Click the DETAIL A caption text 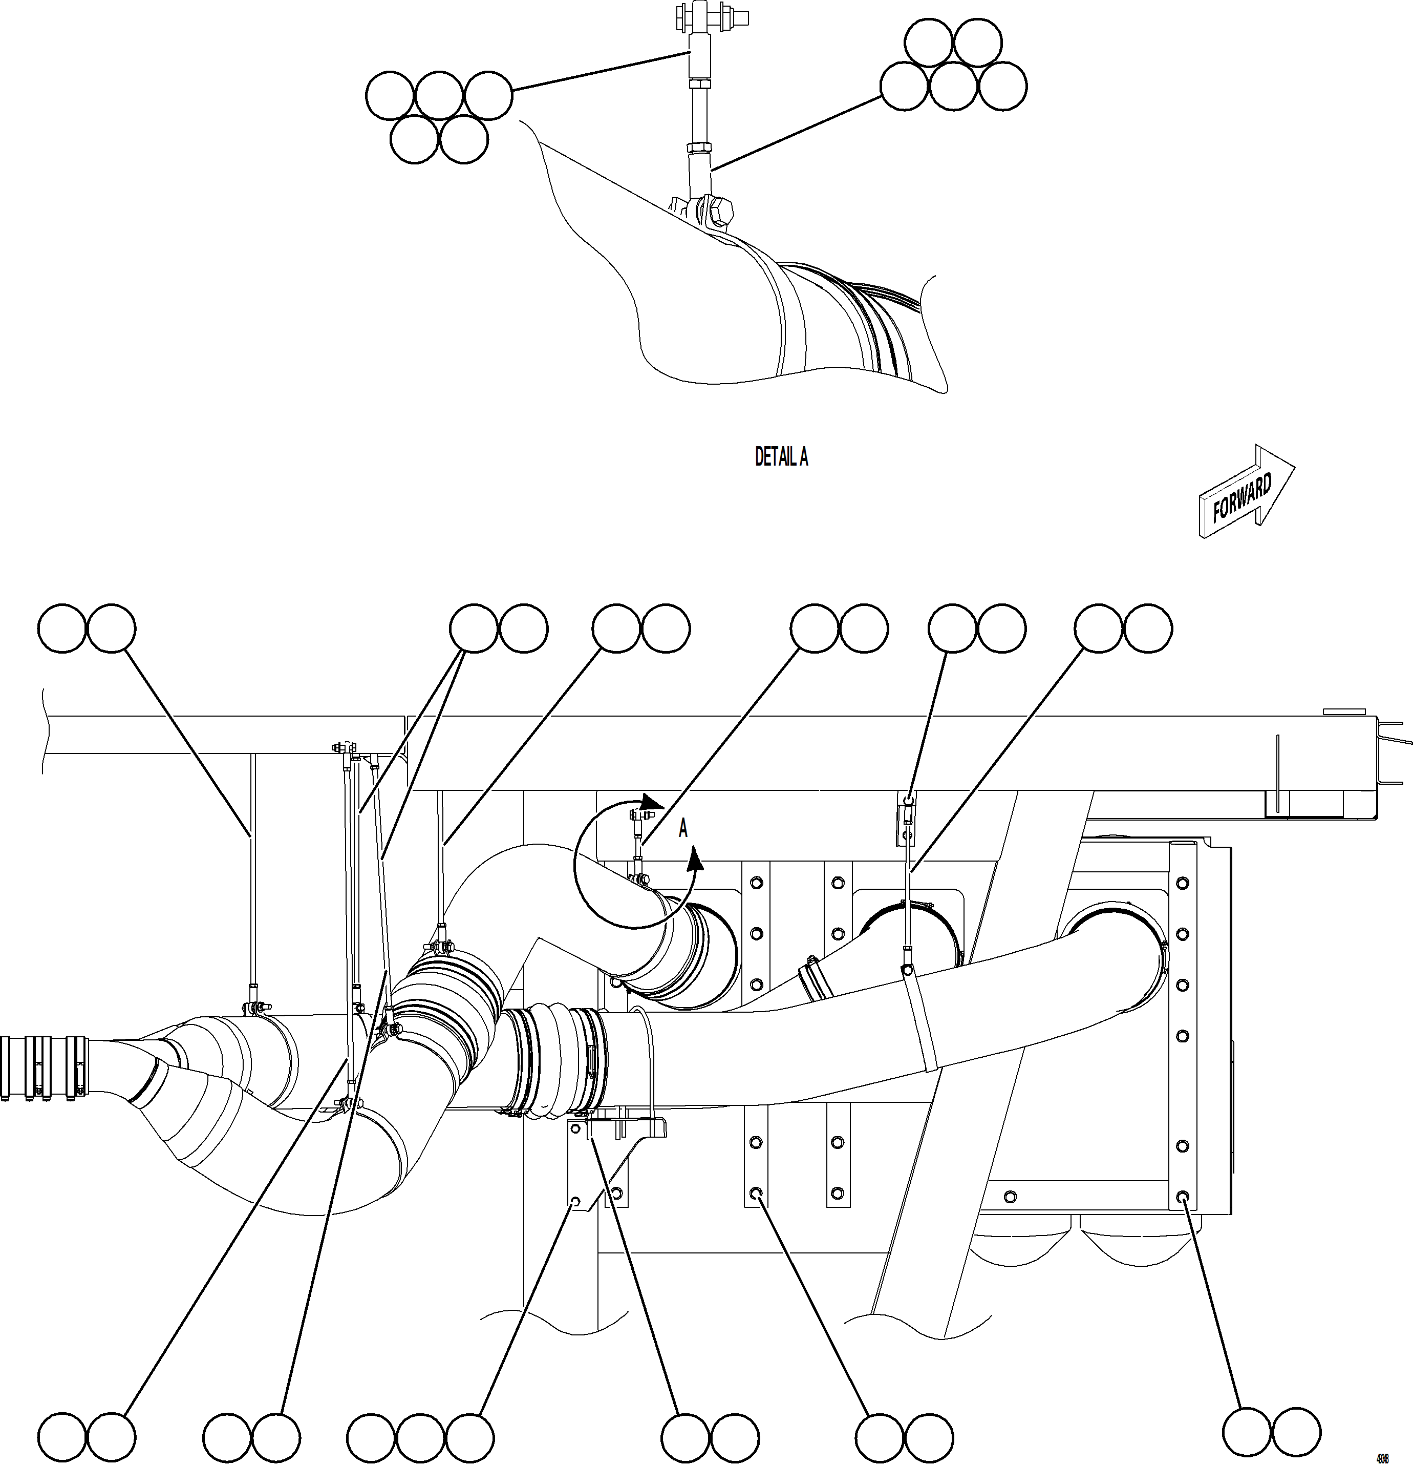[x=781, y=457]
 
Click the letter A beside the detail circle [x=682, y=828]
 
